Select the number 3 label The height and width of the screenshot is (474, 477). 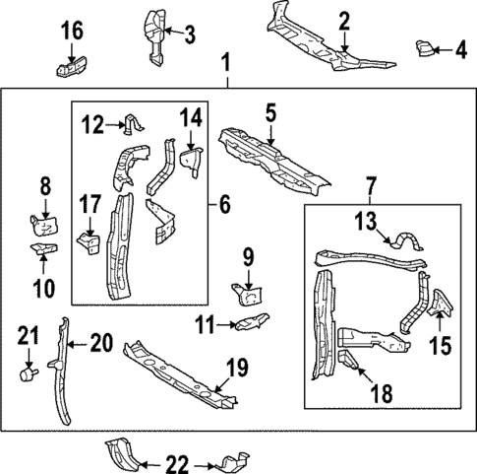click(x=190, y=34)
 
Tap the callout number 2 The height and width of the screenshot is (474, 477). click(x=344, y=21)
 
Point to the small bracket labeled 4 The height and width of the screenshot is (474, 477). click(x=426, y=46)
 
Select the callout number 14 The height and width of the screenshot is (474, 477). click(x=189, y=119)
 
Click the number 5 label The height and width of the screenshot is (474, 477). click(x=269, y=114)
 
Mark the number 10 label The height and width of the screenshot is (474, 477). click(x=43, y=289)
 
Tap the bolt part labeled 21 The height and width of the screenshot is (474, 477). click(x=28, y=374)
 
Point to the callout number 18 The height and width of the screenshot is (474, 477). click(x=381, y=394)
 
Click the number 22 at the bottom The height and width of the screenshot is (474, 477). click(x=176, y=463)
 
